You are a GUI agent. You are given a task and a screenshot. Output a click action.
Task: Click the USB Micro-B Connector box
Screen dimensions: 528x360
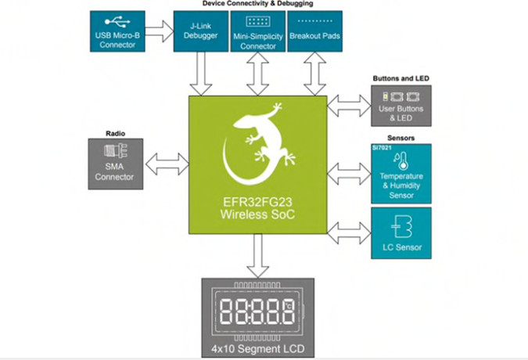(117, 31)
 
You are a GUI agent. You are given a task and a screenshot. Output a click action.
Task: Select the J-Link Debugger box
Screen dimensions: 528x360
(201, 31)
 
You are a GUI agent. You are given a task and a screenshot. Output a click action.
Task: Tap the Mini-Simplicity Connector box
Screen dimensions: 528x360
(258, 31)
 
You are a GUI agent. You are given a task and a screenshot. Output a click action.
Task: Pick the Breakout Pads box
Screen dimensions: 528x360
(315, 31)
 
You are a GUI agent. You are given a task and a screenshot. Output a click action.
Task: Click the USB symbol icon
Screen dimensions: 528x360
(117, 22)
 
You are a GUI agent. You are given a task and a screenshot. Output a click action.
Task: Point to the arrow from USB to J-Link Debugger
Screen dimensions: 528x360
(160, 31)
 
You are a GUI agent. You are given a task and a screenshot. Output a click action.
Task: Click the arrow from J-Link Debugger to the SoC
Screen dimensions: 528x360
(201, 74)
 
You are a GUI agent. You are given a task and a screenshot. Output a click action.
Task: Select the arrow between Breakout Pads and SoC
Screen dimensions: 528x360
(315, 74)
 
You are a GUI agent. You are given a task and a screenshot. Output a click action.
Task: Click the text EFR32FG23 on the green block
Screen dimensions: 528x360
(257, 202)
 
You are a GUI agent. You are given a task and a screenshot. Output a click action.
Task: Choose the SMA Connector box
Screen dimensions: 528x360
(116, 164)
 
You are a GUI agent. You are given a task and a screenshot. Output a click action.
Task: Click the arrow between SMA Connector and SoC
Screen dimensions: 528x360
(167, 164)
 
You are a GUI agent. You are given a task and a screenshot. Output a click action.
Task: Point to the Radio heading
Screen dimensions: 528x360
(116, 134)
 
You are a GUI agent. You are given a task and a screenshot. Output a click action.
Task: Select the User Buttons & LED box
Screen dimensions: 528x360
(401, 106)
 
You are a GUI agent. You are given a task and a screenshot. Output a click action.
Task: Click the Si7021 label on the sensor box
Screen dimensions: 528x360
(382, 148)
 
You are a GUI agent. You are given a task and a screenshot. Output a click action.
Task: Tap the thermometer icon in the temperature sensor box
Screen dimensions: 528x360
(401, 161)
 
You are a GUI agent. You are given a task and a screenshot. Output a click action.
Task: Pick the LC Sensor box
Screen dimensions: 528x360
(401, 233)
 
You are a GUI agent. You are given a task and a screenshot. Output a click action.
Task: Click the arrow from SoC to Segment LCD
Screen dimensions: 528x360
(257, 256)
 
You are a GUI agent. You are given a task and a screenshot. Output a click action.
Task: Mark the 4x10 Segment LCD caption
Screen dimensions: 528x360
(258, 349)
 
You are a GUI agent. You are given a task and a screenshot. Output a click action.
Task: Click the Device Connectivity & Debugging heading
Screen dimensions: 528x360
(257, 4)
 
